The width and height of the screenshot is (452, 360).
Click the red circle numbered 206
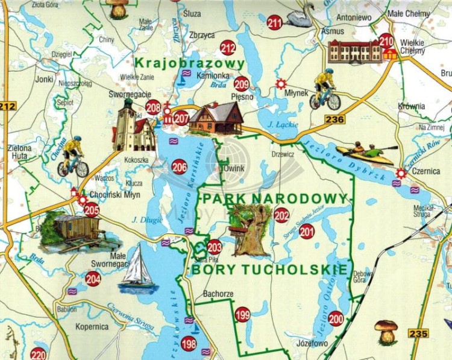[179, 167]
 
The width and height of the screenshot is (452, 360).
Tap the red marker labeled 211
[275, 24]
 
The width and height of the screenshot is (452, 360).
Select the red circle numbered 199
[242, 314]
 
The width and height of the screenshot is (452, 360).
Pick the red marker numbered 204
[93, 279]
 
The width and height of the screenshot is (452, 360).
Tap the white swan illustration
[301, 15]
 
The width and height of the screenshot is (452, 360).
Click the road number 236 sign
[334, 119]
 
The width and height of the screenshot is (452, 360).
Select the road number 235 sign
[418, 333]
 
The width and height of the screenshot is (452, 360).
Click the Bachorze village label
[218, 294]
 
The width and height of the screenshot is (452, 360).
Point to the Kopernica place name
[92, 326]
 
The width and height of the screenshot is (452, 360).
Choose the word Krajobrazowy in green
[189, 63]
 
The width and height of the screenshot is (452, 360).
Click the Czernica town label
[427, 171]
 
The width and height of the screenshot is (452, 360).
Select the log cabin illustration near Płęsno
[216, 118]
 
